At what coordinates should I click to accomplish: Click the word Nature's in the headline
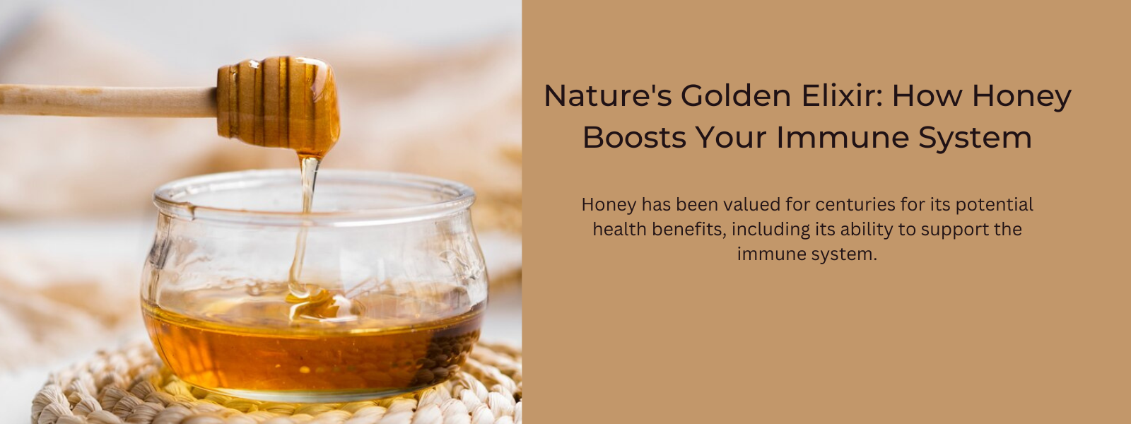pyautogui.click(x=607, y=95)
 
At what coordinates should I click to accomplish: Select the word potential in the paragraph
pyautogui.click(x=994, y=206)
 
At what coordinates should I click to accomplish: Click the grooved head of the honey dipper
pyautogui.click(x=279, y=102)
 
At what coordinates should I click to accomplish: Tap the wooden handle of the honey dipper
pyautogui.click(x=109, y=100)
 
